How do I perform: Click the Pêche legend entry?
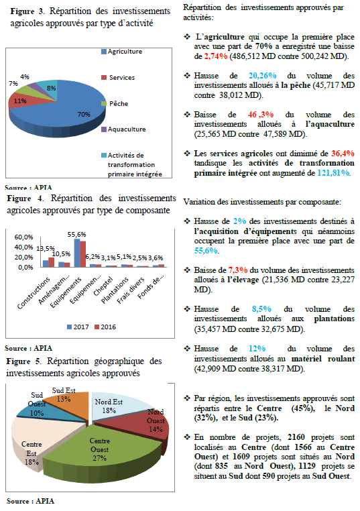(115, 104)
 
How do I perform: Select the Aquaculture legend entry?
(123, 129)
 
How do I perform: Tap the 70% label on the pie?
(84, 115)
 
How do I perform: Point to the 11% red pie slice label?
(20, 101)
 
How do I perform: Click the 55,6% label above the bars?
(77, 234)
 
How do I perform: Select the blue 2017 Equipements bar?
(77, 253)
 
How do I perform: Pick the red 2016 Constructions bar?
(51, 262)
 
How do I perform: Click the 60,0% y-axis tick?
(23, 237)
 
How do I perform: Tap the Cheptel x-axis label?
(103, 286)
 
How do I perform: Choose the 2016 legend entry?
(105, 327)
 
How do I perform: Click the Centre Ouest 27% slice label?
(99, 449)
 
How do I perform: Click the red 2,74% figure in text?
(216, 56)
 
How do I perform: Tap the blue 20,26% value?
(263, 76)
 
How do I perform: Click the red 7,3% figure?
(238, 270)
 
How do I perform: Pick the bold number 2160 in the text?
(296, 437)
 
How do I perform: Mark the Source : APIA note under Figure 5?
(30, 501)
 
